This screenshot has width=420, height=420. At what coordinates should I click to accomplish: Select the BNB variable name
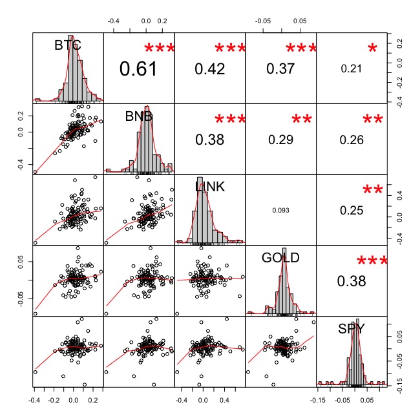coord(139,116)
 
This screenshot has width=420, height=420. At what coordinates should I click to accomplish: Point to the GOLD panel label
coord(280,258)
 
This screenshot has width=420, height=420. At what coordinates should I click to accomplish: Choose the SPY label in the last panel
coord(352,329)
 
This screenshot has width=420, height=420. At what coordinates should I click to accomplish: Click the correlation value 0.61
coord(138,68)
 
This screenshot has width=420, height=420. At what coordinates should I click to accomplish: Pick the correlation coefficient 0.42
coord(209,68)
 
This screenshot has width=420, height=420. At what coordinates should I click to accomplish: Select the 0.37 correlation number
coord(280,68)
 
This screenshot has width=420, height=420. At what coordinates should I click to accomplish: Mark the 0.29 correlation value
coord(280,139)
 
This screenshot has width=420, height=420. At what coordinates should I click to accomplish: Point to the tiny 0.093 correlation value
coord(280,210)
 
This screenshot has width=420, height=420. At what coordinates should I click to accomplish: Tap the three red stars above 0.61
coord(159,48)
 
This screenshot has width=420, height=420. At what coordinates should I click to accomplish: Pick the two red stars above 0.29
coord(301,120)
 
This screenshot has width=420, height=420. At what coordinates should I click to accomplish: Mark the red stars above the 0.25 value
coord(372,191)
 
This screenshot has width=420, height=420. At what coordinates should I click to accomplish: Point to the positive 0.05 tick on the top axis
coord(300,21)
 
